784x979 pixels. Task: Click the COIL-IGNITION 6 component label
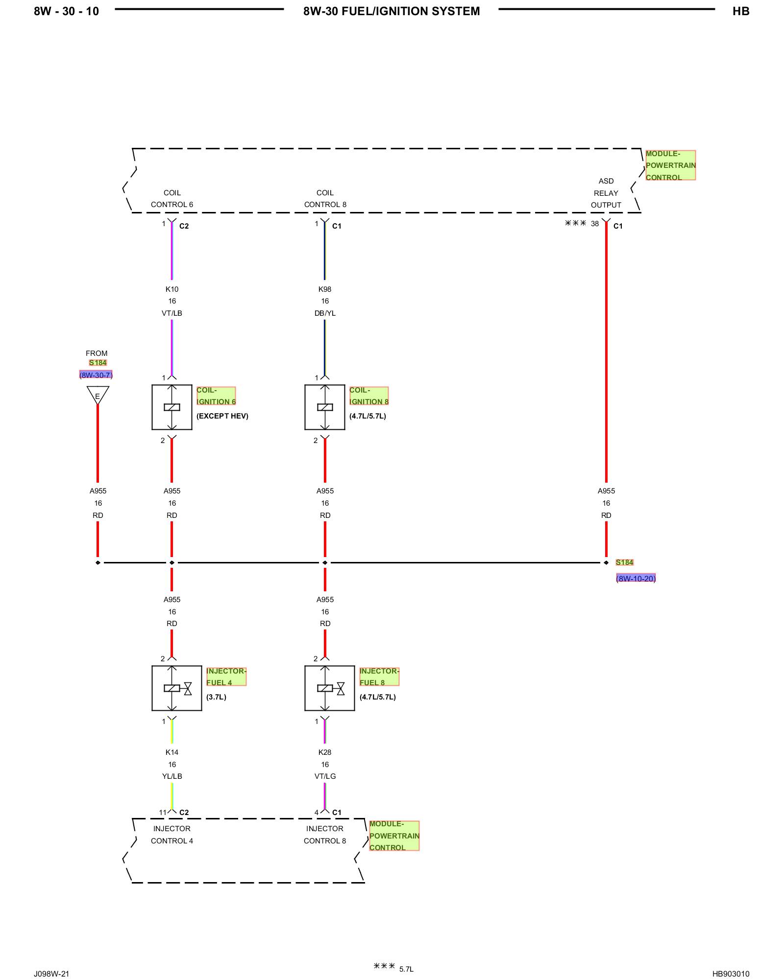coord(216,396)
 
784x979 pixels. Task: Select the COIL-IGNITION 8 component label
coord(369,396)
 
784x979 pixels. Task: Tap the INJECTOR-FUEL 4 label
coord(226,676)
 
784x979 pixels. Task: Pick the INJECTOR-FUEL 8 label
coord(379,676)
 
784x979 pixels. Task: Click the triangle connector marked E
coord(98,395)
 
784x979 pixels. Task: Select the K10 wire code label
coord(172,289)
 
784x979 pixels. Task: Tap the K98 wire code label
coord(325,289)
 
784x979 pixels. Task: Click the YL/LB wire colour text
coord(172,776)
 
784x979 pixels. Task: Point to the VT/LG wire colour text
coord(325,776)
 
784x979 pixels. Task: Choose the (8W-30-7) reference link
coord(96,375)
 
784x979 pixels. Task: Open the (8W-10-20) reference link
coord(636,579)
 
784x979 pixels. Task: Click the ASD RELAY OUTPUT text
coord(606,193)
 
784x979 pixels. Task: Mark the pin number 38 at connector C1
coord(595,224)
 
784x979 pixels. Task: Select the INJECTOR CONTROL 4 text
coord(172,835)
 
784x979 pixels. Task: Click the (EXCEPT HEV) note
coord(222,416)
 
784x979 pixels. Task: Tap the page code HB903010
coord(731,974)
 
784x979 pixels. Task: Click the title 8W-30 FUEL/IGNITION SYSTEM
coord(392,11)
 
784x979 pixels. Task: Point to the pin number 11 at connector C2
coord(163,813)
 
